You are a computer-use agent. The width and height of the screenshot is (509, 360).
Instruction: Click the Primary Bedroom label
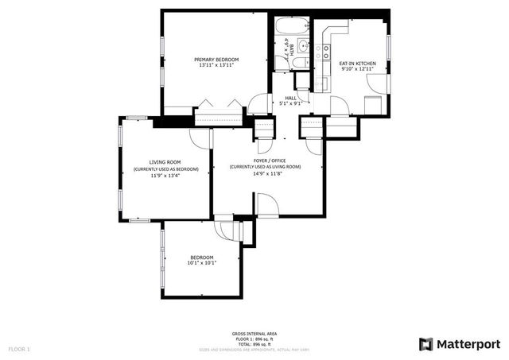coord(216,60)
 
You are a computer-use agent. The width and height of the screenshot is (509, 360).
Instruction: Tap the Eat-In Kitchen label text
coord(357,63)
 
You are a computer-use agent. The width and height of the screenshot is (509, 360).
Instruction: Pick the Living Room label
coord(165,162)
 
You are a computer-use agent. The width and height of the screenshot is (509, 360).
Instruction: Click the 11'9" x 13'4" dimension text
coord(165,176)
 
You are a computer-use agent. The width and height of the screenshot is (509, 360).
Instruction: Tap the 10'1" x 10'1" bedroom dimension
coord(202,262)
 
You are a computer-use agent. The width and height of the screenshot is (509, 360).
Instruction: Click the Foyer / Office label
coord(266,161)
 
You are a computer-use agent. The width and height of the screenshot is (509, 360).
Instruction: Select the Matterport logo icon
coord(425,343)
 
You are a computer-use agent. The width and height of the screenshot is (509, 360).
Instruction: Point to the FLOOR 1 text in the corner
coord(19,348)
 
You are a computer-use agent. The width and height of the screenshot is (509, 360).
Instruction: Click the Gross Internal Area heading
coord(254,333)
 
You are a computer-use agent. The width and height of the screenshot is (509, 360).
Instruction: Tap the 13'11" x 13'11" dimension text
coord(216,66)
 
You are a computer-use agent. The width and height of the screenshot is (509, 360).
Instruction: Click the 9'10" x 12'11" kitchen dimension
coord(357,69)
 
